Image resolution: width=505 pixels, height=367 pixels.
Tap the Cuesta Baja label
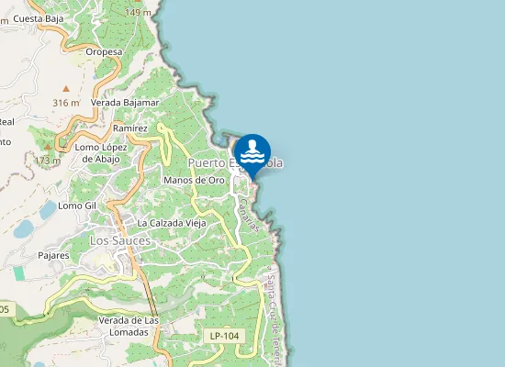coord(38,17)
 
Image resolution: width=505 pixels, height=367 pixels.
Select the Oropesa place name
coord(104,52)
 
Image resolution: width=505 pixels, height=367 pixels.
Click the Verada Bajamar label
coord(125,103)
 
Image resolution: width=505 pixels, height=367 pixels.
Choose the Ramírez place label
coord(130,128)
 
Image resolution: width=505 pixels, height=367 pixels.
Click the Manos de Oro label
coord(194,180)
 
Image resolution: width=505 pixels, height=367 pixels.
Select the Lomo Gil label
coord(77,206)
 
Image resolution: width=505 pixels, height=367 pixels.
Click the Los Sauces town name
coord(120,240)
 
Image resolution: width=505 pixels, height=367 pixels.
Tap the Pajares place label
coord(54,255)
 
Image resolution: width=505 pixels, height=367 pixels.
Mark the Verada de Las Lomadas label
coord(129,325)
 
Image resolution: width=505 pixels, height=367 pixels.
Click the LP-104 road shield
coord(224,336)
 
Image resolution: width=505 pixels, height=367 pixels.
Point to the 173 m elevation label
coord(47,161)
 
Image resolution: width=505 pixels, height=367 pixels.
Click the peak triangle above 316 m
coord(65,87)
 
